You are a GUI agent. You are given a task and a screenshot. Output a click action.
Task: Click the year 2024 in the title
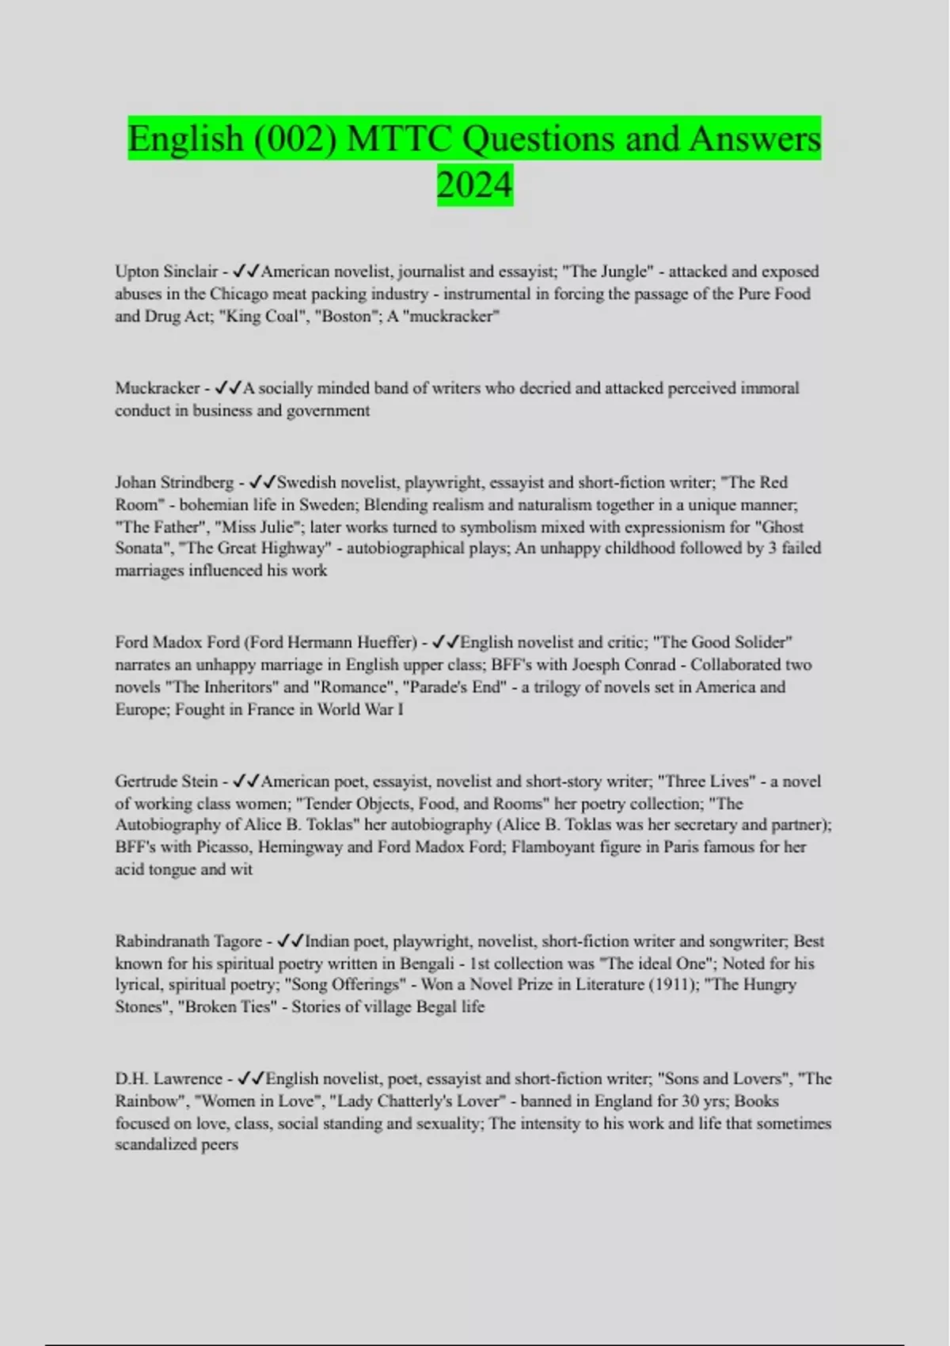pos(474,185)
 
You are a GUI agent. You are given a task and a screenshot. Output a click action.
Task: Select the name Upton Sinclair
pos(165,272)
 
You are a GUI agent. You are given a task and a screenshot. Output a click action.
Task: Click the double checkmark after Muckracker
pos(228,388)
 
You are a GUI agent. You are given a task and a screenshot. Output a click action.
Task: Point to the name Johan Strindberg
pos(174,482)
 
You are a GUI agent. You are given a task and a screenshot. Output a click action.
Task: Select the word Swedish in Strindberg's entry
pos(308,482)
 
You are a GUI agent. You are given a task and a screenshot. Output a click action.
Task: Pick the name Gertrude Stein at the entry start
pos(167,781)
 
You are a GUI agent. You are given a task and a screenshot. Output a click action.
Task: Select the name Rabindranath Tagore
pos(188,941)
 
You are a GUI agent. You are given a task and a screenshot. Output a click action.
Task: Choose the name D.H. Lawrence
pos(169,1079)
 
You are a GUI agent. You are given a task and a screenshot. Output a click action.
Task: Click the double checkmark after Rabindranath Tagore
pos(291,941)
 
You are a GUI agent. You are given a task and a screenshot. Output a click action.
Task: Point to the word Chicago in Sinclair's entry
pos(240,294)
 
